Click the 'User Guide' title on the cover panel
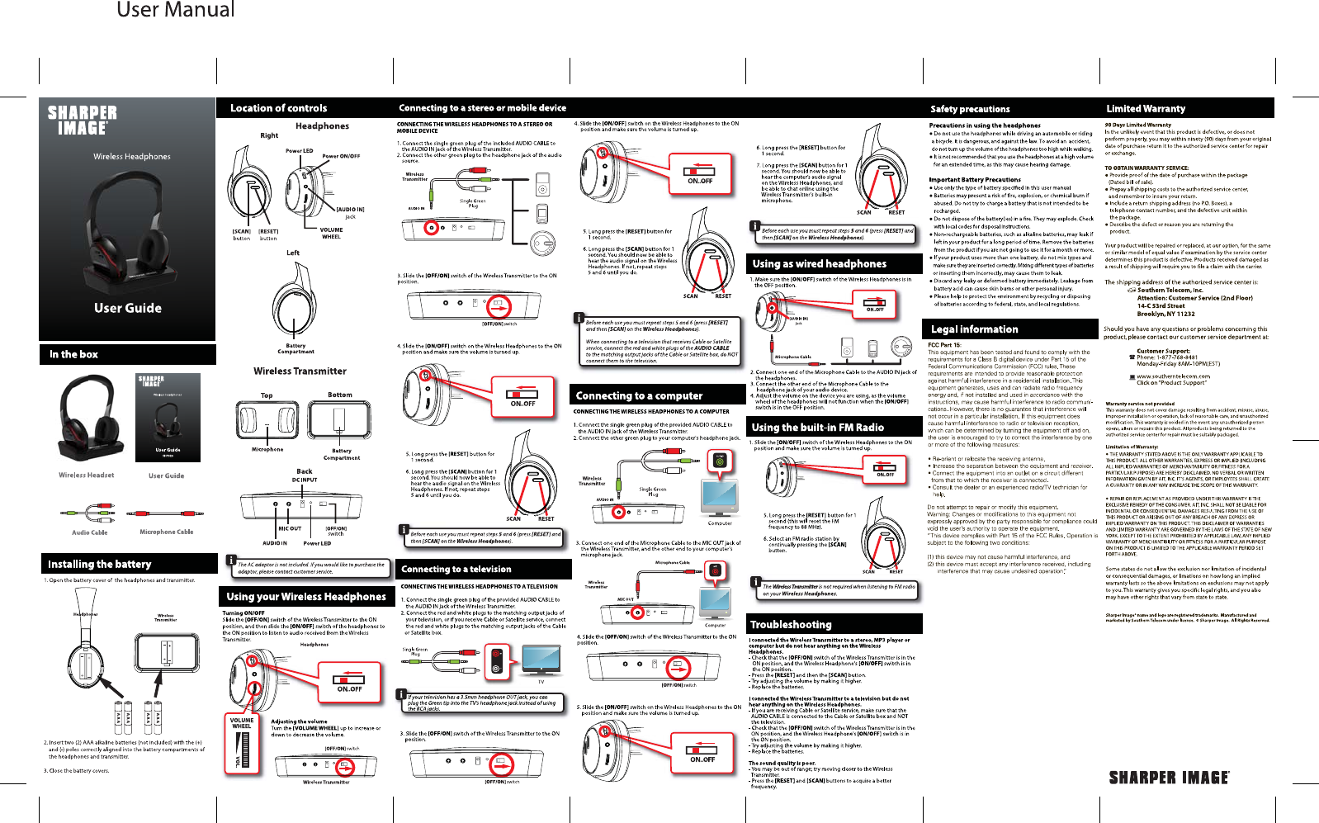[128, 308]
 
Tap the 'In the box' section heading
[73, 354]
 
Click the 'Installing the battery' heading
[99, 564]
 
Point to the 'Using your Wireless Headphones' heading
[305, 596]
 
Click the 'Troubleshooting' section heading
[790, 624]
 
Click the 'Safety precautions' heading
[970, 109]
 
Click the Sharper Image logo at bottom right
[1169, 777]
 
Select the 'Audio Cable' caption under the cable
[89, 532]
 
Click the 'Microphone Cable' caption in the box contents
[166, 532]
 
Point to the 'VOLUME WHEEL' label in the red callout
[241, 723]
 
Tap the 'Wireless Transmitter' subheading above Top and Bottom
[300, 371]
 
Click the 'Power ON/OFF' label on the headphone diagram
[341, 156]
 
